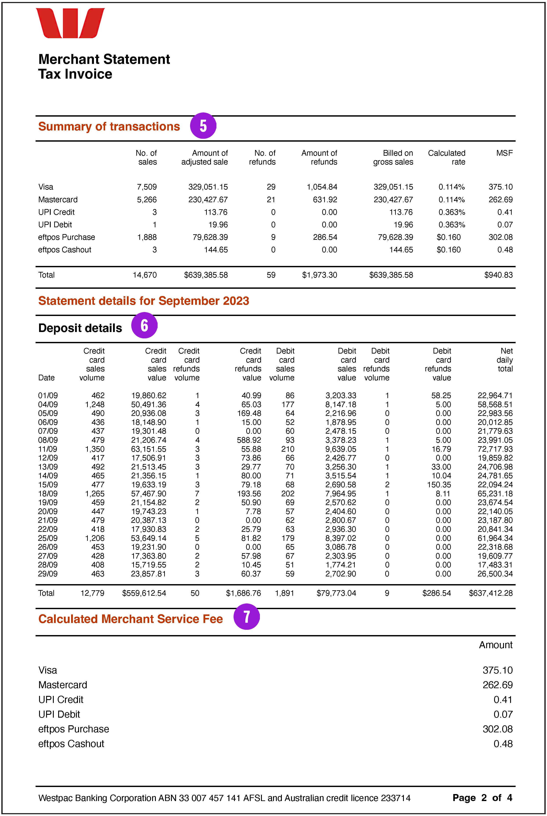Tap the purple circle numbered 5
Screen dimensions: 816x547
(x=203, y=126)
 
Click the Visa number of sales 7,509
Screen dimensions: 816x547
(x=147, y=187)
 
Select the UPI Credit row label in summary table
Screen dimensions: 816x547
(x=56, y=212)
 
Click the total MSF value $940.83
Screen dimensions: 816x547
(x=498, y=275)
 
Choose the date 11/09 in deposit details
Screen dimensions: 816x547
(x=48, y=449)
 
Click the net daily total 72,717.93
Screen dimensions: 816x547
(x=495, y=449)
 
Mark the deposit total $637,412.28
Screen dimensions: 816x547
(x=491, y=593)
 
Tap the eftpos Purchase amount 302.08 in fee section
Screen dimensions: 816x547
(x=497, y=729)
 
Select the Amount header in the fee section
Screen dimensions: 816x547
(x=495, y=645)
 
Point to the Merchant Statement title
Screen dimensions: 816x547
(x=104, y=59)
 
